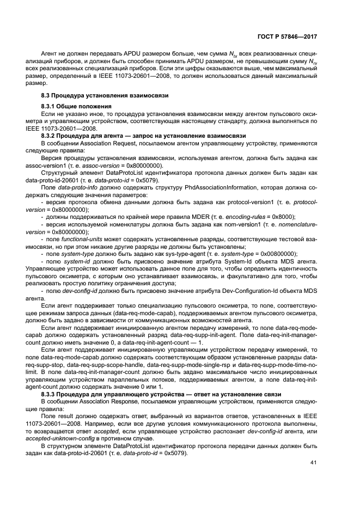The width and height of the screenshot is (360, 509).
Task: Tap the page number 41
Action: [x=313, y=463]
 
